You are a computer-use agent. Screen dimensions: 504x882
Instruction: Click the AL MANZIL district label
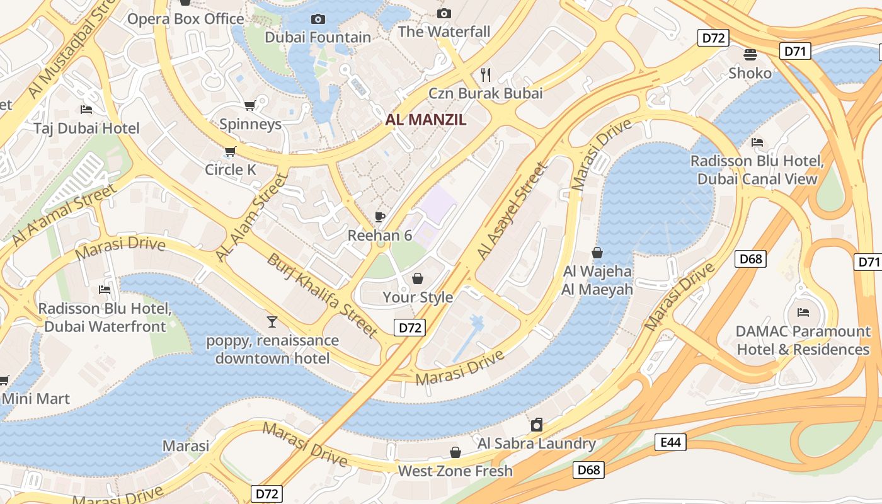(426, 120)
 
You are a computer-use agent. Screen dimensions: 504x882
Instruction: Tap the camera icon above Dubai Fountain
(318, 19)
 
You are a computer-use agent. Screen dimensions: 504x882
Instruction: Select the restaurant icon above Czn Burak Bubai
(486, 75)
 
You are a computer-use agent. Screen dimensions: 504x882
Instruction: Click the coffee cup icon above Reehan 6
(380, 217)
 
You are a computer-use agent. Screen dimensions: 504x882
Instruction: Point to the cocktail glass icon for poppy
(272, 322)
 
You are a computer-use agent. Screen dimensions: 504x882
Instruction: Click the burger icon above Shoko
(750, 55)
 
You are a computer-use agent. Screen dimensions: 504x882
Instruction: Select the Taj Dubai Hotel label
(86, 129)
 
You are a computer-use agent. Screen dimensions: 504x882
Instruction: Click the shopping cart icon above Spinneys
(250, 105)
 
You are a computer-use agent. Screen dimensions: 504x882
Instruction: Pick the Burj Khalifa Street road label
(322, 295)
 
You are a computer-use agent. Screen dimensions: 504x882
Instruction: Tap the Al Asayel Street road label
(510, 211)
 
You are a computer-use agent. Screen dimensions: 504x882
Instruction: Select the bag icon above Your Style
(418, 278)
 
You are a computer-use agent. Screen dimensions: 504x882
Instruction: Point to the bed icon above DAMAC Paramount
(803, 312)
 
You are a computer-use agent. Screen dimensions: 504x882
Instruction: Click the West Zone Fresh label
(455, 471)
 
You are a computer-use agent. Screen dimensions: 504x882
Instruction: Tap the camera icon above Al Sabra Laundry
(536, 425)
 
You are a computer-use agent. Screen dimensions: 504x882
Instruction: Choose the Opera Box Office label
(185, 19)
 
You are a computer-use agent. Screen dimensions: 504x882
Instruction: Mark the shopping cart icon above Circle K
(230, 151)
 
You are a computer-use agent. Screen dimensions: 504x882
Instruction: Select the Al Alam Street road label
(251, 217)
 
